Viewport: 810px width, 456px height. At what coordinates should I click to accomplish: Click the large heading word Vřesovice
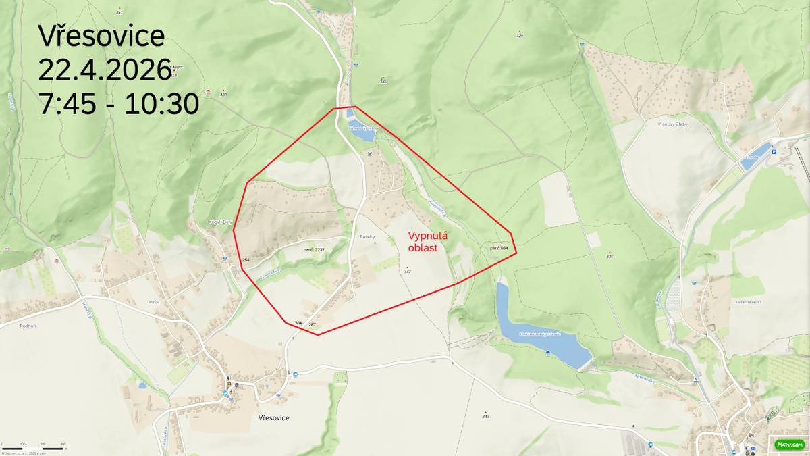[101, 36]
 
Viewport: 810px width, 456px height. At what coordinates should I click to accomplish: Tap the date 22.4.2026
[105, 70]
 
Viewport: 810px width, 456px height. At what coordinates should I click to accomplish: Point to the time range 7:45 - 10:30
[119, 104]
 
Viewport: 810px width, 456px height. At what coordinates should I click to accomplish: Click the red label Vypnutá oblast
[428, 242]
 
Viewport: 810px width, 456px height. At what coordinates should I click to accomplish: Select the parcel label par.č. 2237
[314, 250]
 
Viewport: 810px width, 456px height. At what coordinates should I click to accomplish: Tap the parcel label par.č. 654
[499, 249]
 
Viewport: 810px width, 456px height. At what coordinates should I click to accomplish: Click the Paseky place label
[367, 237]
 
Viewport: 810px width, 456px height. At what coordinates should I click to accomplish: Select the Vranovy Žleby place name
[671, 124]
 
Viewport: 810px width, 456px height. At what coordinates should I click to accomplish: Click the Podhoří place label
[29, 325]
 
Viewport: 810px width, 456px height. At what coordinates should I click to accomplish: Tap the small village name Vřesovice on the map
[273, 417]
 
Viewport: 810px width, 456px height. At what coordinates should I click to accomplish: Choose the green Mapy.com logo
[788, 444]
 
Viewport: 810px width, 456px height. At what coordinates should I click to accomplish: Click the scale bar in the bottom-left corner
[34, 447]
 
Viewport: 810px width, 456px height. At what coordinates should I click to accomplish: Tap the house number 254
[246, 260]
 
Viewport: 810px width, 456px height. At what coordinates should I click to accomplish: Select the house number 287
[312, 325]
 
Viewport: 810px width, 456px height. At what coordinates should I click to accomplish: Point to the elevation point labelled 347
[407, 270]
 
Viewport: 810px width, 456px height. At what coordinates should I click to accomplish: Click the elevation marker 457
[119, 12]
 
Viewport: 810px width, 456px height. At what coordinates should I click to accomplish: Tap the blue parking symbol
[774, 152]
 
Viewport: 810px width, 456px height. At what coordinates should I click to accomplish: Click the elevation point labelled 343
[485, 415]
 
